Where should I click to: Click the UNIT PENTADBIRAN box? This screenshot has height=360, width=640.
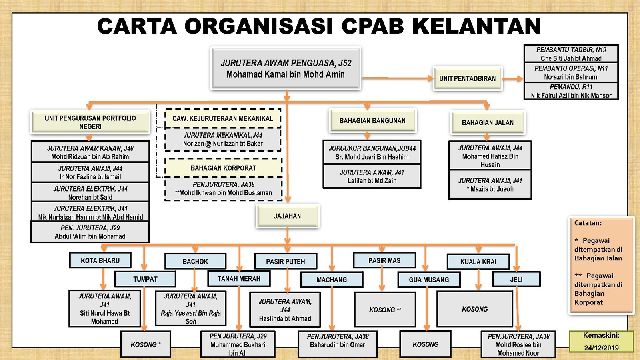tap(468, 78)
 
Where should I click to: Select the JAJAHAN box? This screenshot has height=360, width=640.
tap(288, 216)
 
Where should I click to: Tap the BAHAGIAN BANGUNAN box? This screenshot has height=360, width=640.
tap(372, 121)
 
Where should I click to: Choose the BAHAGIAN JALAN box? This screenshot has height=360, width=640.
tap(488, 122)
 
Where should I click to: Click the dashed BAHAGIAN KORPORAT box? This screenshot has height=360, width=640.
tap(224, 168)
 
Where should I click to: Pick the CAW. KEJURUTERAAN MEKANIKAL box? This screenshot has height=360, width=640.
tap(223, 118)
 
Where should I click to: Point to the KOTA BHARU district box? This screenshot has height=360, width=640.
tap(100, 260)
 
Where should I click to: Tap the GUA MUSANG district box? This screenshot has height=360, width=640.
tap(429, 280)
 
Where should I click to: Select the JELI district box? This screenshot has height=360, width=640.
tap(516, 279)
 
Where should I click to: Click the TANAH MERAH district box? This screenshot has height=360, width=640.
tap(239, 278)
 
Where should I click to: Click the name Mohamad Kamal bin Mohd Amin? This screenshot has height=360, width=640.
tap(286, 74)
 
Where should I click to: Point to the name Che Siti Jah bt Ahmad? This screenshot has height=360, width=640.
tap(571, 58)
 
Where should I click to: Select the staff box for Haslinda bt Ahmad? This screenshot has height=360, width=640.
tap(285, 310)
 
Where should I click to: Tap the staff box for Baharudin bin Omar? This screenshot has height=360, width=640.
tap(338, 344)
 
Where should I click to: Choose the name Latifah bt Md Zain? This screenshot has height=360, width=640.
tap(372, 180)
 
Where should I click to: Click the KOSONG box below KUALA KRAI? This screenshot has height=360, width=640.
tap(475, 309)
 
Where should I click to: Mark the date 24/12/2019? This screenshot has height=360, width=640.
tap(602, 348)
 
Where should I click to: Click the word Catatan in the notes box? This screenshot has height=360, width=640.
tap(588, 223)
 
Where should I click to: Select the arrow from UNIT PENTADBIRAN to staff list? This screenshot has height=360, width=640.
tap(512, 79)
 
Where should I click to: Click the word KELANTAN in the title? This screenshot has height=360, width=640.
tap(477, 26)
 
